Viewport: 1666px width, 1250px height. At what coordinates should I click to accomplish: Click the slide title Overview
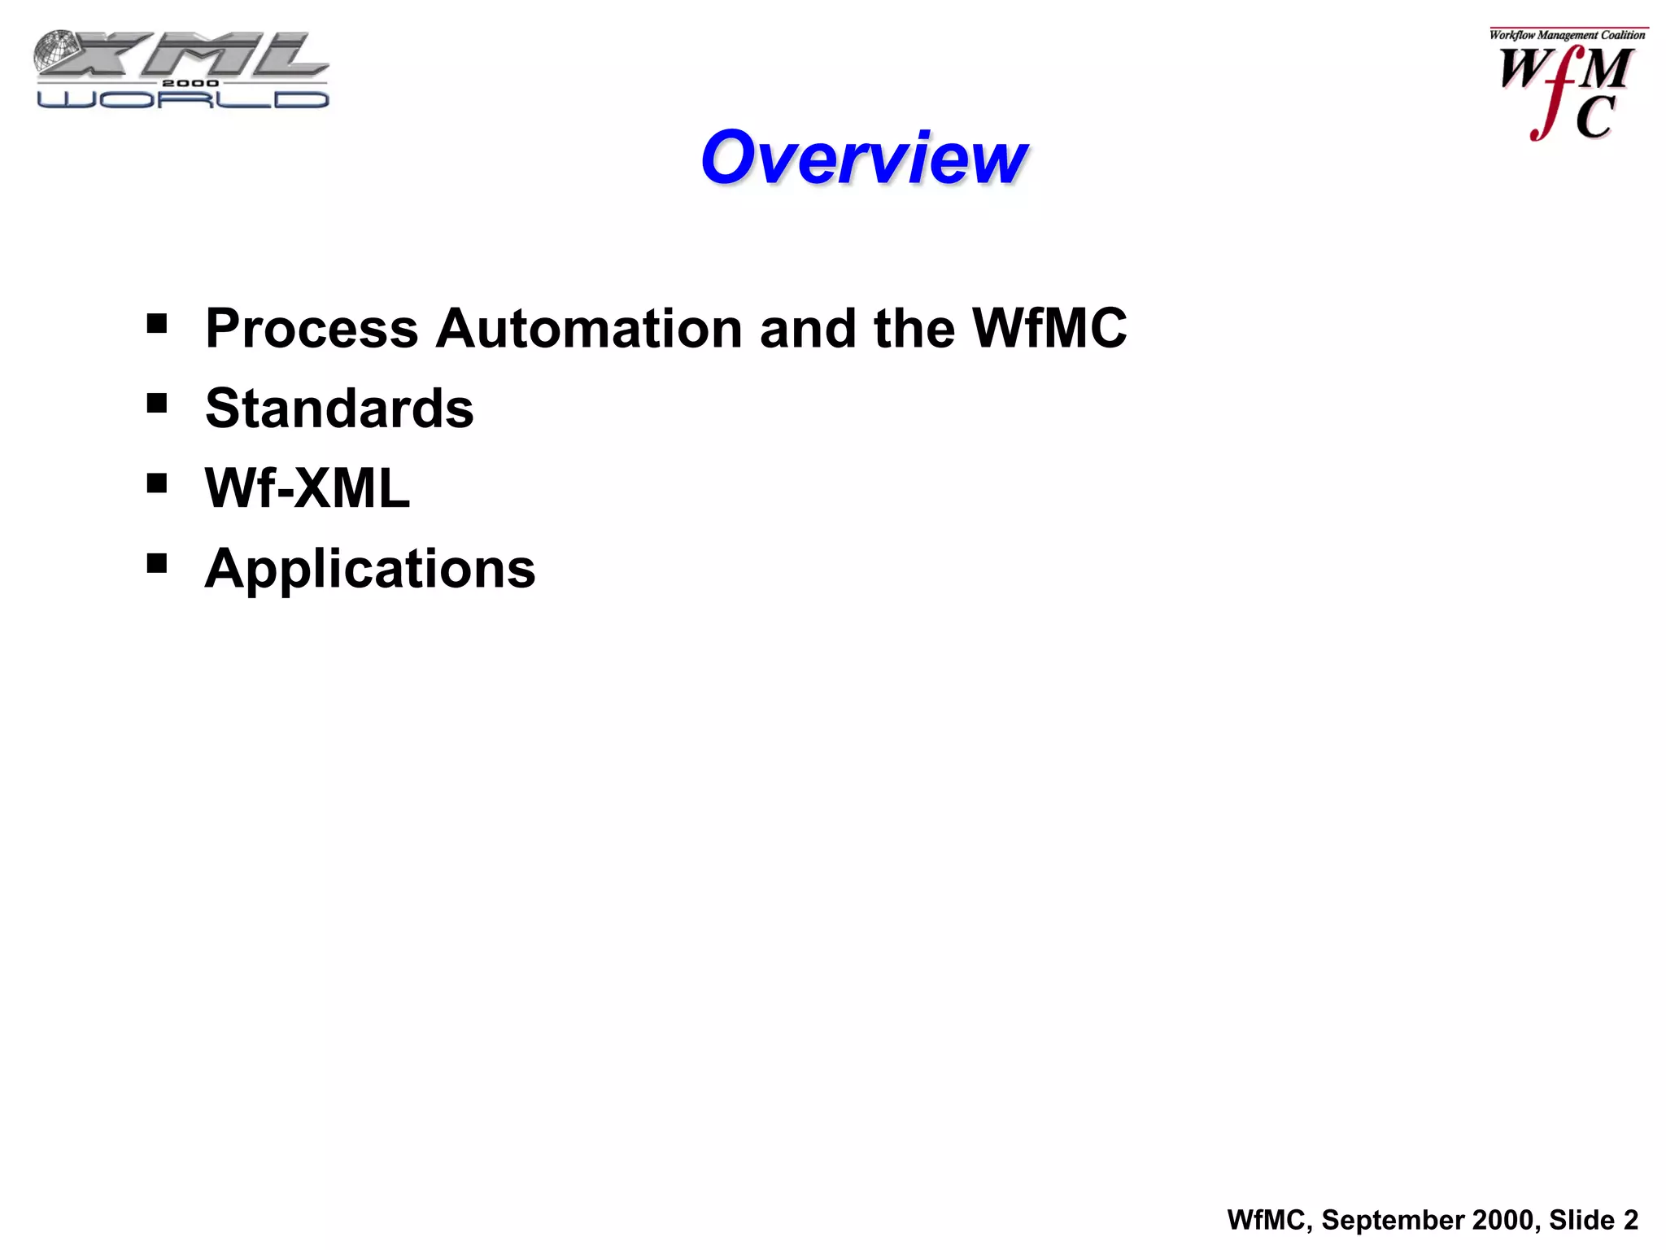pyautogui.click(x=864, y=158)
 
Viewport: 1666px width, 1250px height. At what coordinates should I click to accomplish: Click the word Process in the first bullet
pyautogui.click(x=312, y=330)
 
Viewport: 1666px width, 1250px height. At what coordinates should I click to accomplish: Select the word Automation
pyautogui.click(x=588, y=329)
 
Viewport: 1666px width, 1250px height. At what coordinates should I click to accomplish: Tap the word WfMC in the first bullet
pyautogui.click(x=1049, y=328)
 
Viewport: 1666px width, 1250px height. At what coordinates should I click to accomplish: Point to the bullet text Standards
pyautogui.click(x=339, y=409)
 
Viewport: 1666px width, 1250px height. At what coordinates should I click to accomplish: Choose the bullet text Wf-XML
pyautogui.click(x=307, y=488)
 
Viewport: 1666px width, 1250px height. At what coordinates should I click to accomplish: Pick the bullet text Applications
pyautogui.click(x=370, y=568)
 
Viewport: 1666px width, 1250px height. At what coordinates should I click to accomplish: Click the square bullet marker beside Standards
pyautogui.click(x=157, y=404)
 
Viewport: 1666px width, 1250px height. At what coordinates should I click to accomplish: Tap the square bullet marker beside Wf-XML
pyautogui.click(x=157, y=483)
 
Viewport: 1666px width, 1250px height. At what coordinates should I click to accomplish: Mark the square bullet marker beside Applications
pyautogui.click(x=157, y=563)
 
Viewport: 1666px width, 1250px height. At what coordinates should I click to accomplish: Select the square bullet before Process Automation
pyautogui.click(x=157, y=324)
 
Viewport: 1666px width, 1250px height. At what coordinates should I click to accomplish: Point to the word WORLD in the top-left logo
pyautogui.click(x=183, y=99)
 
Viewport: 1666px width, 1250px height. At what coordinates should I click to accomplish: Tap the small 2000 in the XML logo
pyautogui.click(x=190, y=83)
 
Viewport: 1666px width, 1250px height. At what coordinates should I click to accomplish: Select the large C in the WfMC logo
pyautogui.click(x=1595, y=118)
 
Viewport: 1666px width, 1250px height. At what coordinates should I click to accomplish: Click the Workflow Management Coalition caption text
pyautogui.click(x=1567, y=35)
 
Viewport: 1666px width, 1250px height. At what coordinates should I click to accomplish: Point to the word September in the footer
pyautogui.click(x=1392, y=1220)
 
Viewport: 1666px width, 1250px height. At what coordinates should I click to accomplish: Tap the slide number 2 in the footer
pyautogui.click(x=1630, y=1220)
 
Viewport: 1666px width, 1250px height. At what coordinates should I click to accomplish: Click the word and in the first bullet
pyautogui.click(x=808, y=329)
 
